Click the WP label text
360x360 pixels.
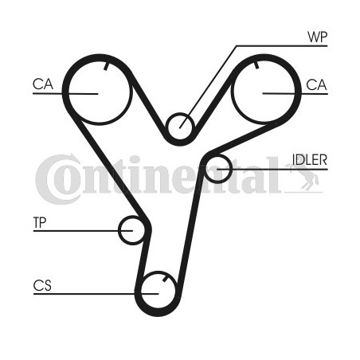(318, 37)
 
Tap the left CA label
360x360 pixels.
(43, 84)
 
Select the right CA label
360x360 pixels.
(316, 85)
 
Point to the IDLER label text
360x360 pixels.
(310, 159)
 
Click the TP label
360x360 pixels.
(40, 222)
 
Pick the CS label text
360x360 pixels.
(42, 286)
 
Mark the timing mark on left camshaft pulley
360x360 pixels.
(106, 66)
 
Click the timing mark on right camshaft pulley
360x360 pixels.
(256, 65)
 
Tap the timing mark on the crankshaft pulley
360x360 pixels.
(165, 279)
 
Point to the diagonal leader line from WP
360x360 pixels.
(208, 87)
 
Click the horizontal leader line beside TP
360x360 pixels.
(83, 231)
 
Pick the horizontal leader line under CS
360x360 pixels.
(96, 294)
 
